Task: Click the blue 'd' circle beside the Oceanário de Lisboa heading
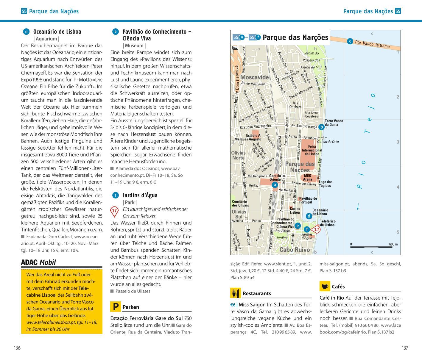(26, 32)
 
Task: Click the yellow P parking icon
(115, 307)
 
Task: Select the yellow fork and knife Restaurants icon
(235, 293)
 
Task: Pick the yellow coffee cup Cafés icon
(325, 286)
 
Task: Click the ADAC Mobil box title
(38, 262)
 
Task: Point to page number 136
(17, 348)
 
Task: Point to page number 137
(405, 348)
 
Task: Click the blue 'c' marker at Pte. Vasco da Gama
(350, 41)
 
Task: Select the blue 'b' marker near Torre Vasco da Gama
(321, 127)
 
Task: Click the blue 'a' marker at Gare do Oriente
(275, 185)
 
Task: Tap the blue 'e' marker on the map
(297, 226)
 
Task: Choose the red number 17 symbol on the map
(316, 229)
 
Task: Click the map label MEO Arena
(307, 178)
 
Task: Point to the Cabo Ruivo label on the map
(294, 250)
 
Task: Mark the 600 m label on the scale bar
(393, 244)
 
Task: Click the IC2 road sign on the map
(235, 48)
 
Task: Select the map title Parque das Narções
(295, 37)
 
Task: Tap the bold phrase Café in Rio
(331, 298)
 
